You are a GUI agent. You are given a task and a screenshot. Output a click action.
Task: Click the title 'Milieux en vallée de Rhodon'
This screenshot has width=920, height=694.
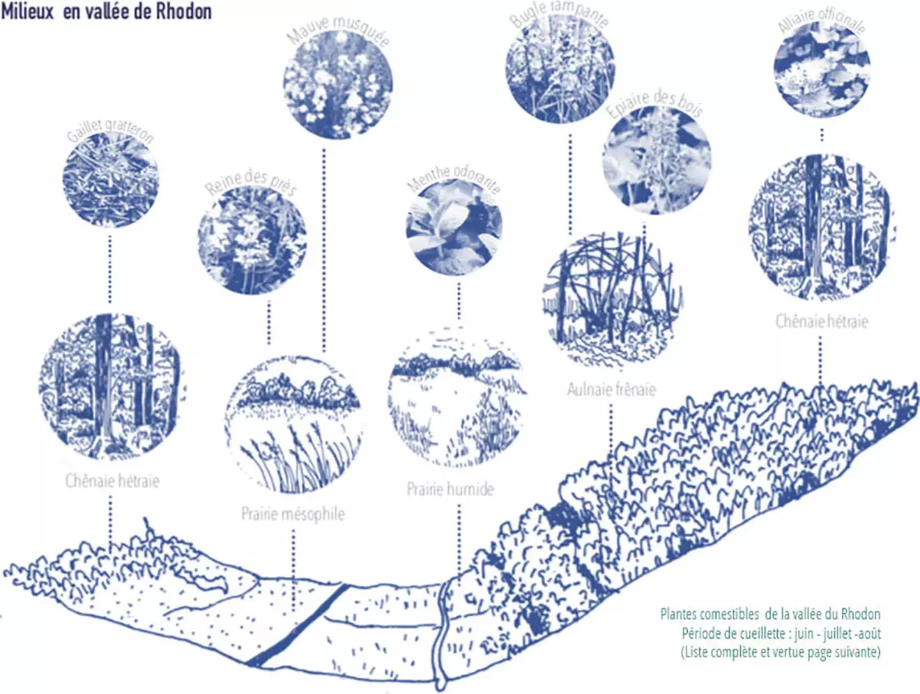tap(107, 11)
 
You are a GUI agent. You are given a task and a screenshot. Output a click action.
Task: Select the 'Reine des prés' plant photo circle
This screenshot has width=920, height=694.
tap(252, 240)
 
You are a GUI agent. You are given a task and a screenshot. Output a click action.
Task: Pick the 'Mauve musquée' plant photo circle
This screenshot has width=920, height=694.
tap(338, 84)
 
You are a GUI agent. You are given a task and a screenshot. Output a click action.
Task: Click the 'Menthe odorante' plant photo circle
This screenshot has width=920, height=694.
tap(454, 227)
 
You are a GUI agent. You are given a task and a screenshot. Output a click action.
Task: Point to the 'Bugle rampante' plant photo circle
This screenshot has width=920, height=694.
tap(560, 68)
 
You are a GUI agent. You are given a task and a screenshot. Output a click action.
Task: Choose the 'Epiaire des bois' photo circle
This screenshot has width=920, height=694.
tap(657, 160)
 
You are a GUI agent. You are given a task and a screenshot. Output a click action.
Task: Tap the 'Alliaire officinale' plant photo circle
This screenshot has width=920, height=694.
tap(822, 70)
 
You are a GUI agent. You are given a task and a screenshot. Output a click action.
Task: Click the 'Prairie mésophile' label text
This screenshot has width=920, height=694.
tap(293, 514)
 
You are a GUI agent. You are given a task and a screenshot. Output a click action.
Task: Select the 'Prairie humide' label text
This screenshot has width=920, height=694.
tap(450, 488)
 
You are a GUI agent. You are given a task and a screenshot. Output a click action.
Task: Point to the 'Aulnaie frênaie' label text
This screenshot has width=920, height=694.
tap(611, 390)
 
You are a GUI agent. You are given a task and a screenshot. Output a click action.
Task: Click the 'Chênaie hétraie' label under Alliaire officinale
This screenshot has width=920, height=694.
tap(822, 321)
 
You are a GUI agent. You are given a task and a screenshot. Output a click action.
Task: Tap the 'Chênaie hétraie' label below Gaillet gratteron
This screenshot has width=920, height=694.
tap(112, 480)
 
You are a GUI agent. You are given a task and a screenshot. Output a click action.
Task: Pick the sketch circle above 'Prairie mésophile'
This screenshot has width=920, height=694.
tap(293, 424)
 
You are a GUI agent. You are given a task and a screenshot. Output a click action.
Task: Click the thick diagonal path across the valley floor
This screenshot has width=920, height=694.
tap(298, 625)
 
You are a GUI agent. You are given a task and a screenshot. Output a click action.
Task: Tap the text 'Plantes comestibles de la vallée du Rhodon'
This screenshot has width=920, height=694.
tap(770, 614)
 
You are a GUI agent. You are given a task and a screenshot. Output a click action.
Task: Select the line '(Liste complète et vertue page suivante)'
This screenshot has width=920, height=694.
tap(781, 652)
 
